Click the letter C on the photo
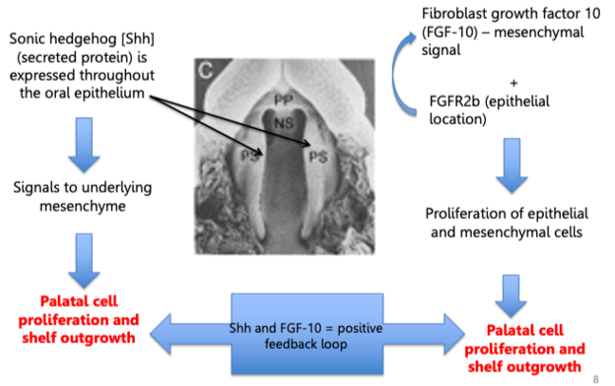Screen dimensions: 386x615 point(207,68)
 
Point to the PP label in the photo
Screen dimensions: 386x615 point(284,98)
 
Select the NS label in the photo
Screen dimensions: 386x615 point(283,122)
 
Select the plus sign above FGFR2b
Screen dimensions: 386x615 point(513,82)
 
